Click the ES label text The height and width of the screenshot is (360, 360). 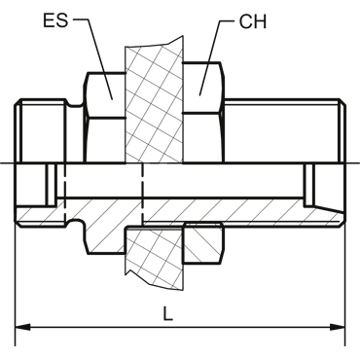coord(55,20)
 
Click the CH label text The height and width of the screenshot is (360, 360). coord(253,21)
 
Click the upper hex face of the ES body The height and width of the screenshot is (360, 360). coord(105,95)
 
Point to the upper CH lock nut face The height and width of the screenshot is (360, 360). coord(203,88)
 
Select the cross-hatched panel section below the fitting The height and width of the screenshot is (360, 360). coord(155,256)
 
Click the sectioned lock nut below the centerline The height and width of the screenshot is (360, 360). coord(203,242)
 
